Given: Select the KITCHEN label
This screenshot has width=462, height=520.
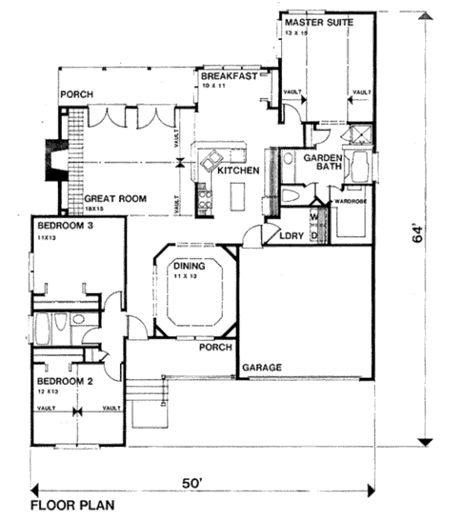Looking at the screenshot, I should pos(238,170).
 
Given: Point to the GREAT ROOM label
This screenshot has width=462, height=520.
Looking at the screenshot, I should pos(115,198).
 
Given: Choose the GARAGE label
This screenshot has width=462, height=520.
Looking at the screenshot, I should pos(262,367).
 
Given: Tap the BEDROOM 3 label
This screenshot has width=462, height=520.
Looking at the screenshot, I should pos(65,226).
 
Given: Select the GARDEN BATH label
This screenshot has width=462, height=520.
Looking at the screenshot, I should pos(322,163).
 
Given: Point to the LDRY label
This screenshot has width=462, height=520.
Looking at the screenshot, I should pos(291,235).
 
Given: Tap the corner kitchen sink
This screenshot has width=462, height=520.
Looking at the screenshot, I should pos(212,160).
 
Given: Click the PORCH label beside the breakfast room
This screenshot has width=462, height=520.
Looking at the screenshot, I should pos(77,95).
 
